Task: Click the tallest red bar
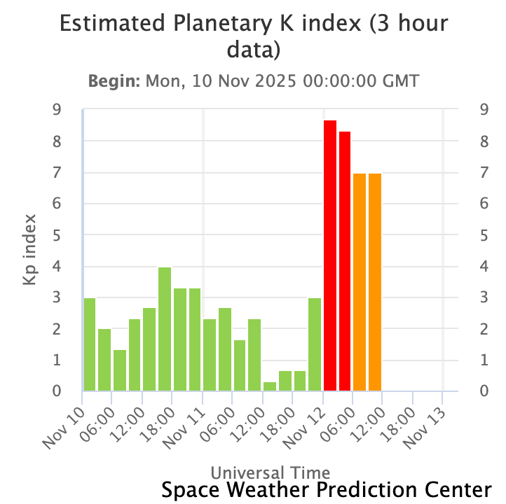(329, 255)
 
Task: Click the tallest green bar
(165, 329)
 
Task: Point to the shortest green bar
(270, 386)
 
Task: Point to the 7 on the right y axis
(484, 173)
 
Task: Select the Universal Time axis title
(270, 472)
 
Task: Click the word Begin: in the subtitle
(114, 80)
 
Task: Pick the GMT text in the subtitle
(399, 80)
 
